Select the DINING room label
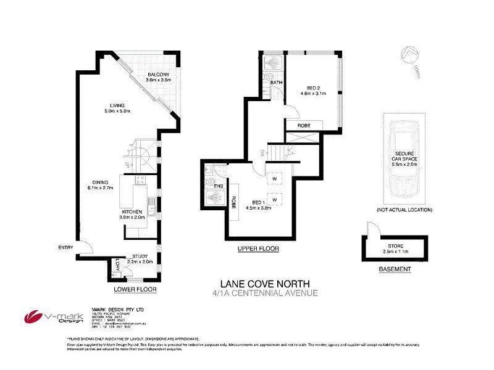pyautogui.click(x=101, y=183)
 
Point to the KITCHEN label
pyautogui.click(x=132, y=212)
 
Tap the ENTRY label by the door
pyautogui.click(x=65, y=248)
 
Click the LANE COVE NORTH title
pyautogui.click(x=265, y=282)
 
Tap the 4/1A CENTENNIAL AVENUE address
pyautogui.click(x=265, y=292)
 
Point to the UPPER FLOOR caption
pyautogui.click(x=258, y=249)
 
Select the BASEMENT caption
pyautogui.click(x=395, y=269)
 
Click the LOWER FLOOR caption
pyautogui.click(x=135, y=289)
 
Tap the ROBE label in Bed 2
pyautogui.click(x=303, y=125)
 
